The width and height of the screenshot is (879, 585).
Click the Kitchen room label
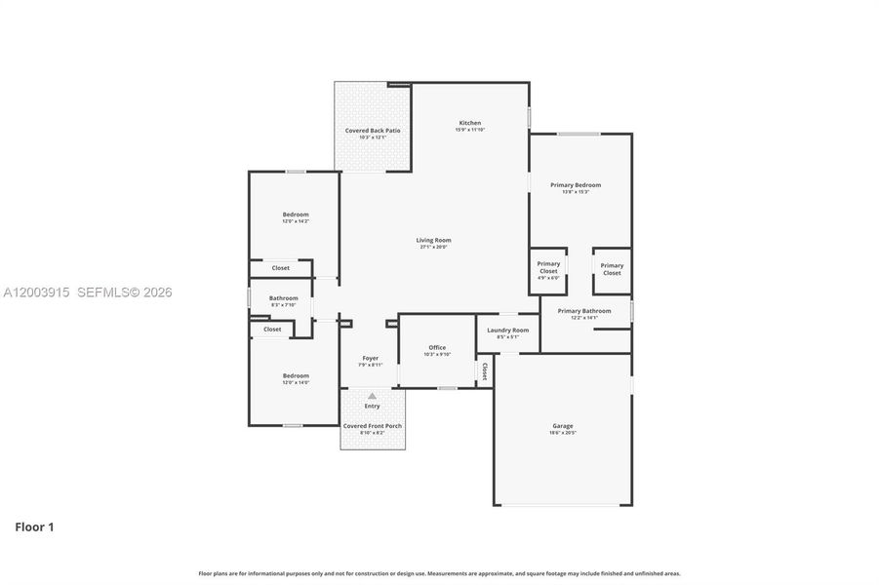coord(469,123)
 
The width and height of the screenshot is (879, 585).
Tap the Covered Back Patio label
coord(372,131)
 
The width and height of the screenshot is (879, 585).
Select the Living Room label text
coord(434,240)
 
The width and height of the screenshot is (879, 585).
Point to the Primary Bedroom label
coord(575,185)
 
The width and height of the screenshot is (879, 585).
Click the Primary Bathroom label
coord(584,311)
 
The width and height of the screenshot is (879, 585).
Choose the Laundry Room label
coord(507,331)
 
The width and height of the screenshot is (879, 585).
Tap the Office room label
coord(437,348)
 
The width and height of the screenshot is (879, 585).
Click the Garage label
coord(563,426)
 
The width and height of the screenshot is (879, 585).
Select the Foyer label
coord(371,358)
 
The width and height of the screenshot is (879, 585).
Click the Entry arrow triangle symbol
coord(372,396)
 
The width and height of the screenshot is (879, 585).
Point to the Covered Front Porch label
coord(372,426)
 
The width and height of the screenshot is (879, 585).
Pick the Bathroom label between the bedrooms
coord(284,298)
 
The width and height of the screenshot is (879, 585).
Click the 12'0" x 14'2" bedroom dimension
coord(296,221)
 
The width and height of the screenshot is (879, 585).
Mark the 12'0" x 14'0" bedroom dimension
coord(296,382)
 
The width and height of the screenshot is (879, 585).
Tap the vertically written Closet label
coord(484,371)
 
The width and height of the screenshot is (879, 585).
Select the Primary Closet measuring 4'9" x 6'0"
coord(548,270)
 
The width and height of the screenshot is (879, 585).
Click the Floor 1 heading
coord(34,527)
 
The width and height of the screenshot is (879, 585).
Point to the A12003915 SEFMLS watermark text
coord(86,292)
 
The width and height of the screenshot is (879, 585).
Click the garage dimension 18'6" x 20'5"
coord(563,432)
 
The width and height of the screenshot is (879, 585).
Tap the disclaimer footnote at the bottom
coord(439,573)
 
